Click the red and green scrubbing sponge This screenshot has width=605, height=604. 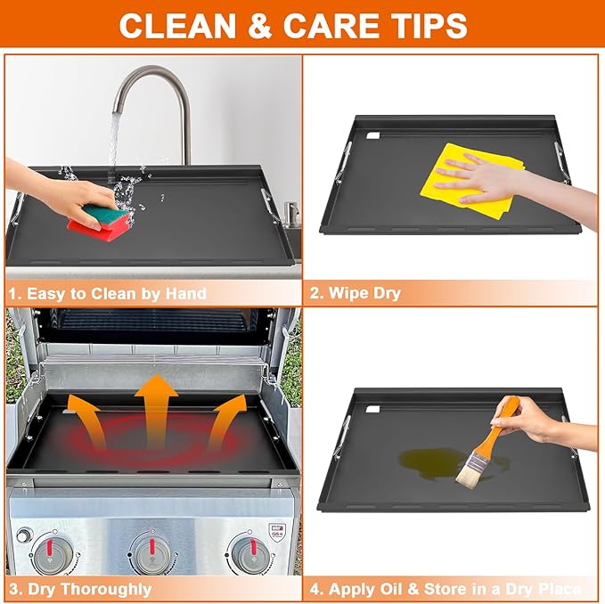pyautogui.click(x=100, y=222)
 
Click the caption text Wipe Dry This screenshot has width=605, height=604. pyautogui.click(x=365, y=293)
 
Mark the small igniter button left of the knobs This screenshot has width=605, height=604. pyautogui.click(x=23, y=535)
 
